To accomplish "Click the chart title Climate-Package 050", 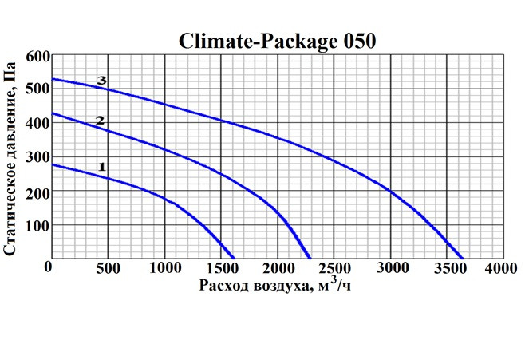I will click(276, 41).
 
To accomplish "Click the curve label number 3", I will click(101, 81).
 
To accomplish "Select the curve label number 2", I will click(100, 121).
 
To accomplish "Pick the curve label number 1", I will click(101, 166).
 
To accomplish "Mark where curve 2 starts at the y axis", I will click(52, 113).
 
